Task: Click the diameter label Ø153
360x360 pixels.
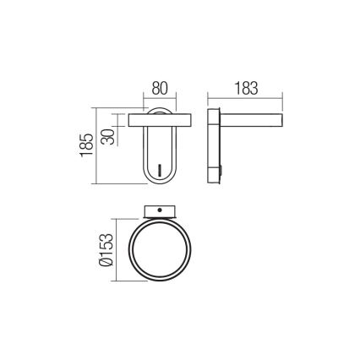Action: point(105,251)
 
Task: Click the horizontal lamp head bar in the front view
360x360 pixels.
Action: point(166,117)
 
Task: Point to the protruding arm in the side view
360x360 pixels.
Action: point(251,117)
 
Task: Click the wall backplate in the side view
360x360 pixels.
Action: point(215,148)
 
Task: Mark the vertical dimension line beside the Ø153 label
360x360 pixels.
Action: point(116,252)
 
